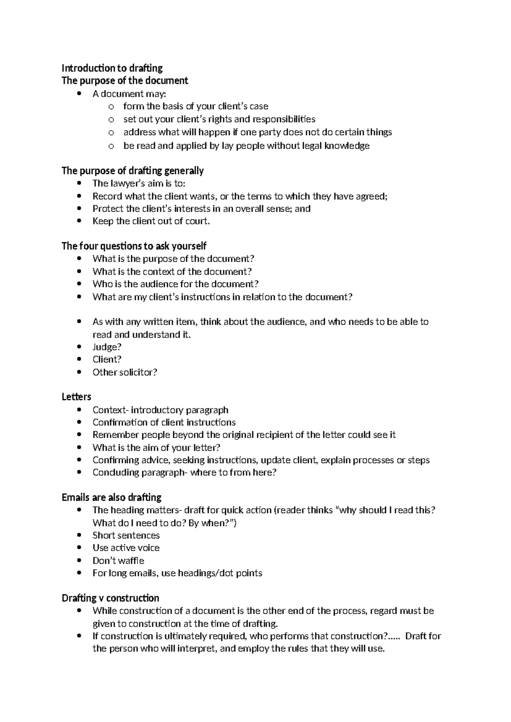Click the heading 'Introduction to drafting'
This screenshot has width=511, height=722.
[x=112, y=68]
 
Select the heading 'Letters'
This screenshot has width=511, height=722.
[x=76, y=397]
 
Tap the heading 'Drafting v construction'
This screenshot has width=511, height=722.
[x=110, y=598]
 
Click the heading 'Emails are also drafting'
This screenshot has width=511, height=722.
[x=111, y=497]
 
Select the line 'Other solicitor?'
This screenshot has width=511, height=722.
[x=125, y=372]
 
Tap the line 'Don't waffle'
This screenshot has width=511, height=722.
[x=118, y=561]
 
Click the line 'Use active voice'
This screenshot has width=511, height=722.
[x=126, y=548]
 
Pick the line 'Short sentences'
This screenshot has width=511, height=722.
[x=126, y=536]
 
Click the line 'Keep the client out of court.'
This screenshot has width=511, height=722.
[x=151, y=221]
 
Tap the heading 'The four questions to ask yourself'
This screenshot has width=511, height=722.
[x=134, y=246]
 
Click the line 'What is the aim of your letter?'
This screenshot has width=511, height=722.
[x=156, y=447]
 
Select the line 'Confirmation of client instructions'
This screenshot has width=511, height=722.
[x=164, y=422]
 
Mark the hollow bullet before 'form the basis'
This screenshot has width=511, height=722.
[x=111, y=107]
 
